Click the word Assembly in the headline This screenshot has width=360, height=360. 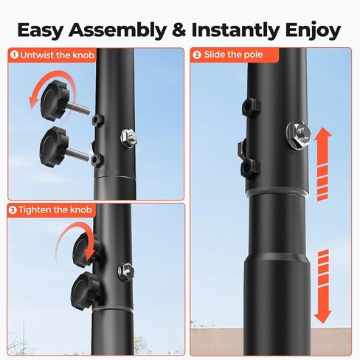pos(117,30)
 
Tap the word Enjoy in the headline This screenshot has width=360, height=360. pos(313,30)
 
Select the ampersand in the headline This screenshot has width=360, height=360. pos(179,30)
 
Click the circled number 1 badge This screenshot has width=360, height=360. pos(14,55)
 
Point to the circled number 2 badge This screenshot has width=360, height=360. pos(197,55)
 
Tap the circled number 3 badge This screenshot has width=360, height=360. pos(13,210)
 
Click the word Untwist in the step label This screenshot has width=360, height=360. pos(37,55)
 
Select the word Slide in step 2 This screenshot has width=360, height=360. pos(215,55)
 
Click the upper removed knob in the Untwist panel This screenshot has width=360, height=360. pos(64,101)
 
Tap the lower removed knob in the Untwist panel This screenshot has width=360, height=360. pos(63,147)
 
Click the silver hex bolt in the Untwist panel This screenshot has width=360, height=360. pos(128,138)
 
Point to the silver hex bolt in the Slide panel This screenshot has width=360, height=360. pos(298,135)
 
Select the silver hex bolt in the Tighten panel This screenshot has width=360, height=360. pos(126,271)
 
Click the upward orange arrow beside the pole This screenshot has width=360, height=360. pos(323,164)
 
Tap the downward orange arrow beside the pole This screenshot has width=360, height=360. pos(323,286)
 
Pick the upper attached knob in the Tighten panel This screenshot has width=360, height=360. pos(86,250)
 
